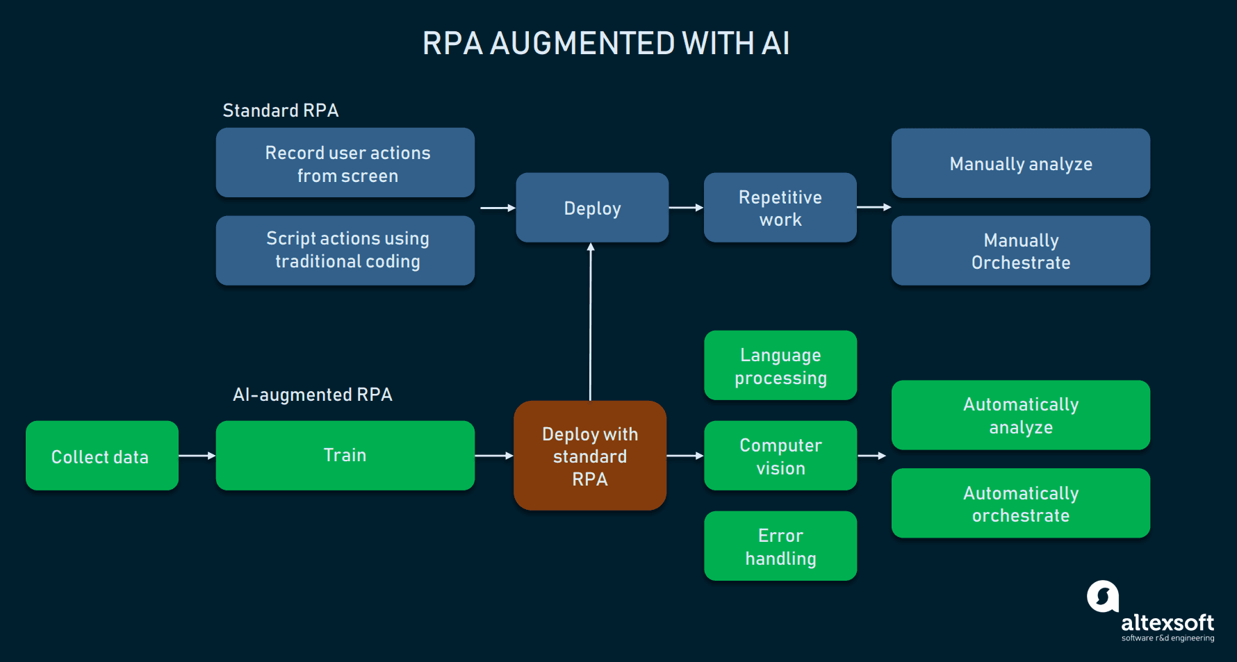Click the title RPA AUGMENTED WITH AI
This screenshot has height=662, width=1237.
point(605,43)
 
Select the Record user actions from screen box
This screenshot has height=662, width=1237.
point(345,163)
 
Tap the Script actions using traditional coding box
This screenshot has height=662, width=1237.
point(345,250)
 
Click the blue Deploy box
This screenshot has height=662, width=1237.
point(592,208)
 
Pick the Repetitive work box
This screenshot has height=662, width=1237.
point(780,208)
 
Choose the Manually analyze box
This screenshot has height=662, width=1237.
point(1020,164)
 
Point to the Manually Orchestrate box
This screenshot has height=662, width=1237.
point(1020,251)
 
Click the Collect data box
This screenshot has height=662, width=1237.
point(101,456)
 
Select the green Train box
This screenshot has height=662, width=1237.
point(345,456)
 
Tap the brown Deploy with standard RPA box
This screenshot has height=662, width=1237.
point(590,456)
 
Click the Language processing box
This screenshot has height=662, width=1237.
point(780,365)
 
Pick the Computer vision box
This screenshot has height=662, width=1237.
point(780,456)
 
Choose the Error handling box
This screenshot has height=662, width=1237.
point(780,546)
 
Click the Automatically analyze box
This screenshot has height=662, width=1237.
point(1020,415)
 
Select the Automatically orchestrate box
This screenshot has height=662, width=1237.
point(1020,504)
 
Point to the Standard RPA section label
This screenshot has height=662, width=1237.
point(280,110)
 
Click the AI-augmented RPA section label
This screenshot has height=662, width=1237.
point(312,395)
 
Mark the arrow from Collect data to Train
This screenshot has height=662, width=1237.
point(197,456)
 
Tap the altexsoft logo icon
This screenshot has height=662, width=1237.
point(1103,596)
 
